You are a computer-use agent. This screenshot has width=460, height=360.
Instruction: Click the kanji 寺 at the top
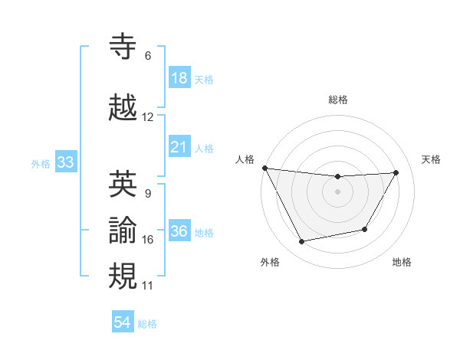click(x=124, y=47)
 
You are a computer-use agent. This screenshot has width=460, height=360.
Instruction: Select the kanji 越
click(x=124, y=107)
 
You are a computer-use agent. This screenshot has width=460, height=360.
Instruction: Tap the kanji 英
click(x=124, y=183)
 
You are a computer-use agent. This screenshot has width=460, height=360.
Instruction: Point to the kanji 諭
click(x=124, y=229)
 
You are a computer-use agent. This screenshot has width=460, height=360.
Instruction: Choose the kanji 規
click(x=124, y=275)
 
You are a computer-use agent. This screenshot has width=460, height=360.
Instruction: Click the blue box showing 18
click(x=179, y=78)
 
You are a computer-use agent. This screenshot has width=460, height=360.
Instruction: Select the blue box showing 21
click(x=179, y=146)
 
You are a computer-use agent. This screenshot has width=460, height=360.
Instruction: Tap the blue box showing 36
click(x=179, y=232)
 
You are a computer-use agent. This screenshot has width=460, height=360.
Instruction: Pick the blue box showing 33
click(x=65, y=162)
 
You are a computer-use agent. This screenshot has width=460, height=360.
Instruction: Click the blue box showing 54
click(x=123, y=322)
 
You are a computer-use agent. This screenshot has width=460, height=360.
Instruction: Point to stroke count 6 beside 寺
click(x=148, y=56)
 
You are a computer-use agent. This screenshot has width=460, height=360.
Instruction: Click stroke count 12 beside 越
click(x=148, y=117)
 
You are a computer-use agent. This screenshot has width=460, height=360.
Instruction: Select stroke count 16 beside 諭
click(x=148, y=240)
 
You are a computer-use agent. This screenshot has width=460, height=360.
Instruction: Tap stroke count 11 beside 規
click(x=148, y=286)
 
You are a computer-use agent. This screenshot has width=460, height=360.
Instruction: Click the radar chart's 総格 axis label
click(x=338, y=100)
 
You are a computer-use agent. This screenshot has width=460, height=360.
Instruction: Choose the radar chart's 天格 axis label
click(x=432, y=159)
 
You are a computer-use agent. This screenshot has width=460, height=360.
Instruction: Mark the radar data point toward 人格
click(x=265, y=168)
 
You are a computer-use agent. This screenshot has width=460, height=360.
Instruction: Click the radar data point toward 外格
click(x=302, y=242)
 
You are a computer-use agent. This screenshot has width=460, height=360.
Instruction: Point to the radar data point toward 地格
click(x=365, y=229)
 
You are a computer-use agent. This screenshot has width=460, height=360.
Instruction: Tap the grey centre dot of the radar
click(x=338, y=191)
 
